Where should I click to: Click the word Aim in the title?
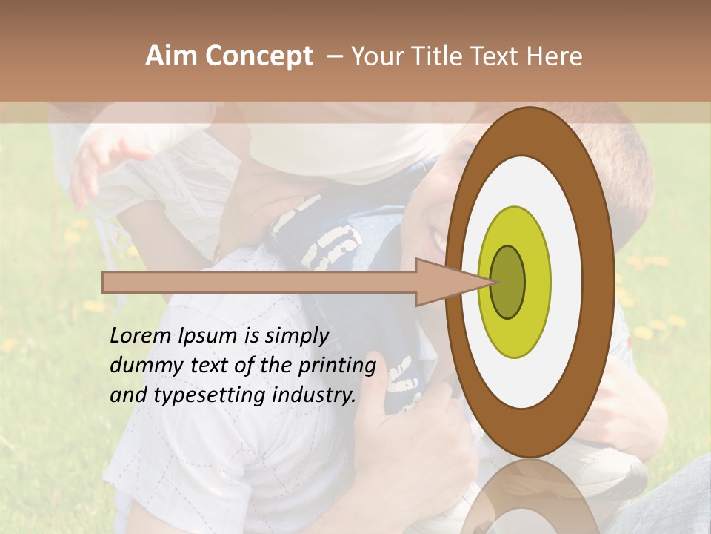(x=172, y=56)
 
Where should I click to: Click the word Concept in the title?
(x=259, y=57)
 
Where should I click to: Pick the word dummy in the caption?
(x=141, y=366)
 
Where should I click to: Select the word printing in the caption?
(x=336, y=366)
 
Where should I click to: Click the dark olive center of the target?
(x=508, y=282)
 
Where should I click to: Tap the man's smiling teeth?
(x=440, y=241)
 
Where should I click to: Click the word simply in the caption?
(x=296, y=337)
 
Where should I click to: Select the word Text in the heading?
(x=498, y=56)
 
